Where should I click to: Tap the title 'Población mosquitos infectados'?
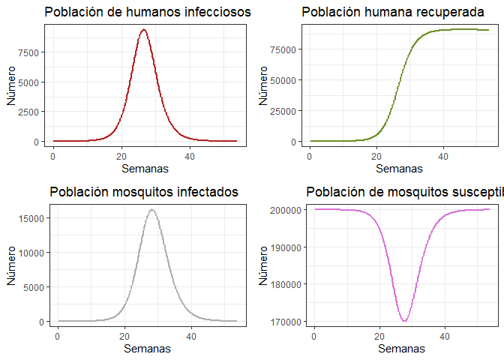tap(144, 192)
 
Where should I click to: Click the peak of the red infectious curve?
tap(143, 30)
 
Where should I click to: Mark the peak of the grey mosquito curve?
tap(152, 210)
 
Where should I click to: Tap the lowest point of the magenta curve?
tap(405, 321)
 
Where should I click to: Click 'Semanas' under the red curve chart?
tap(145, 169)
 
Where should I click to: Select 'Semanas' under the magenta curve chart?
tap(402, 349)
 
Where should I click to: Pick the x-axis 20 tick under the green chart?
tap(376, 156)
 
